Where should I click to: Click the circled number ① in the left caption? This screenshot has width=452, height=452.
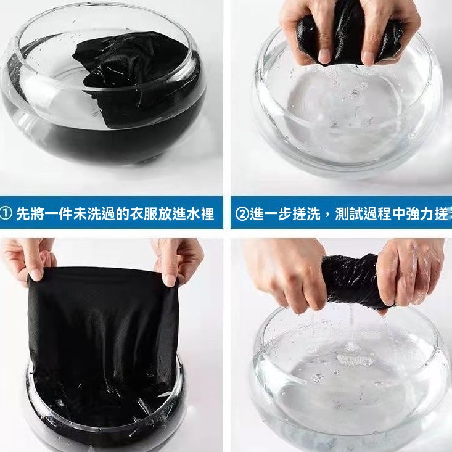pos(7,215)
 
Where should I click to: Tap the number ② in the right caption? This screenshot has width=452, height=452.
pos(242,215)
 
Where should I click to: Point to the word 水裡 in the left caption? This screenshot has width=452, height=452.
pos(201,215)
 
